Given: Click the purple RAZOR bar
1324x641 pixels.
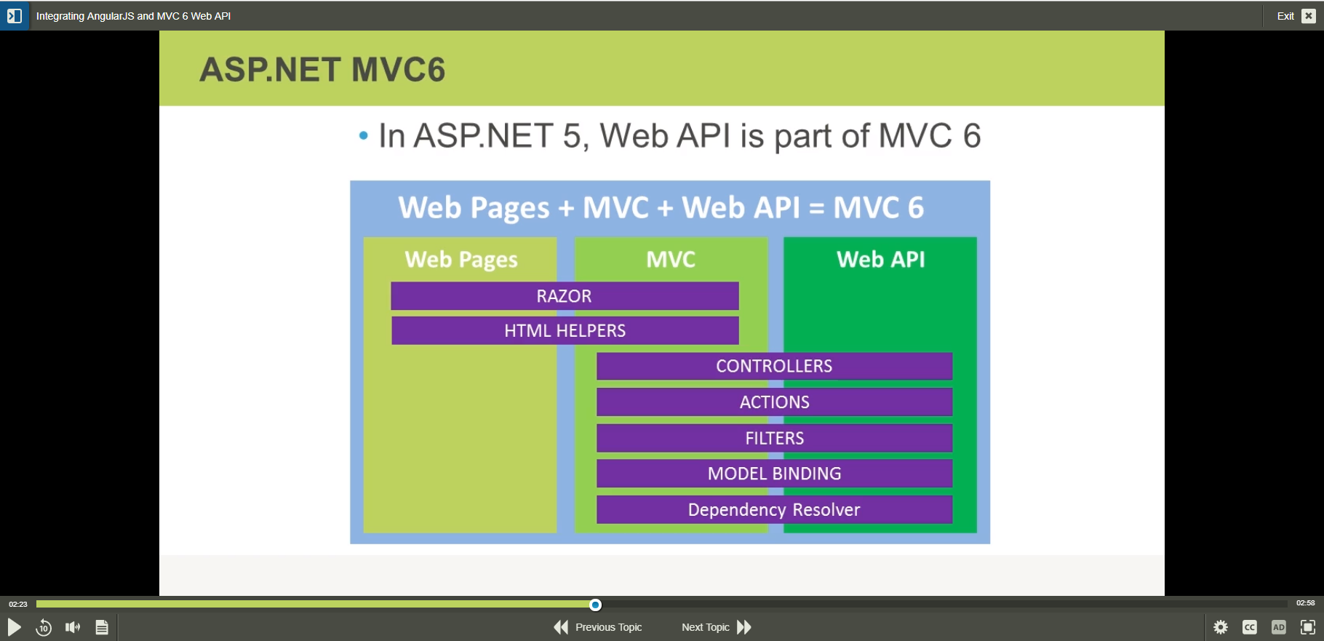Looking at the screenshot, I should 565,296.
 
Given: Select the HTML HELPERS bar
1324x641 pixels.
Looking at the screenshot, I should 565,330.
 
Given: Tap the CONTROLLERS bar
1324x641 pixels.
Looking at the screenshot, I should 774,366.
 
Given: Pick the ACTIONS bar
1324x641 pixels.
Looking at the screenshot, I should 774,402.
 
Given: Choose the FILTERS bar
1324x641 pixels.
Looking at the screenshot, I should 774,438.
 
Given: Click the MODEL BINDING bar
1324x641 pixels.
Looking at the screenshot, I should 774,474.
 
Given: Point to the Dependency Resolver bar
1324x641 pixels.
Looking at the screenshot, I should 774,509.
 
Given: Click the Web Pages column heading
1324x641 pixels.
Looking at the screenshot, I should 461,260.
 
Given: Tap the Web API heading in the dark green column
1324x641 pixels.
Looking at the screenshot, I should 880,259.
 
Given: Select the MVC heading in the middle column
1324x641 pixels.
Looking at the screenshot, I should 671,259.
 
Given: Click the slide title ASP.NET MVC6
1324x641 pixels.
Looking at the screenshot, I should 322,70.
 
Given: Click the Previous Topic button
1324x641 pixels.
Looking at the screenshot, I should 598,627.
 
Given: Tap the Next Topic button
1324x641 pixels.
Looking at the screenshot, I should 716,627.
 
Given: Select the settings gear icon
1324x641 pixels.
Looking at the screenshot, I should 1221,627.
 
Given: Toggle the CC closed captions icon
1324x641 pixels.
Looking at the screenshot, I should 1250,627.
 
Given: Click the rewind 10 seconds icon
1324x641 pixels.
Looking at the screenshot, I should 44,627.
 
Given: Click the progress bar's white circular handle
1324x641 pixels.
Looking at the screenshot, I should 595,605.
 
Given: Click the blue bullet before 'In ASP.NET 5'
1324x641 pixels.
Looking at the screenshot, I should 364,135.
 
